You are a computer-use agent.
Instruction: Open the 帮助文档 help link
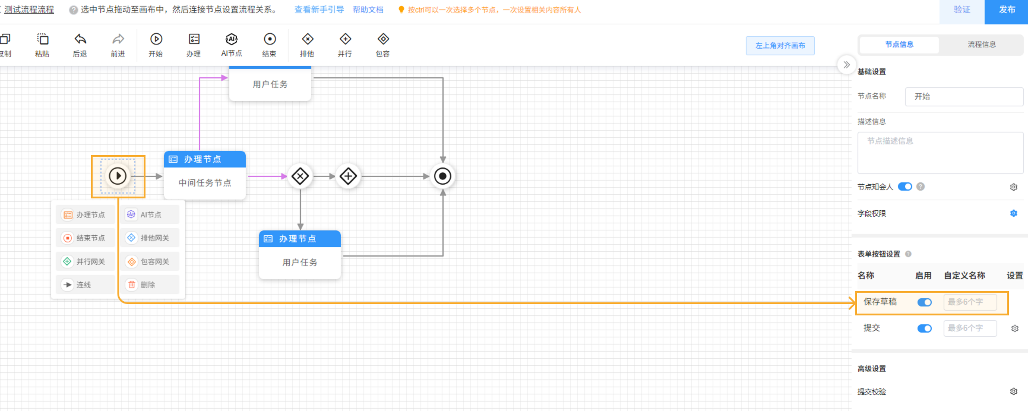pos(368,10)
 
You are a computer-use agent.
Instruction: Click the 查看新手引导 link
pos(319,10)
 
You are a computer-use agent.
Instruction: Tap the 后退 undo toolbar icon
pos(80,39)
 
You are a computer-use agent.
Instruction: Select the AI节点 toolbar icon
pos(232,39)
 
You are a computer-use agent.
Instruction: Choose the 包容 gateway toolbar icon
pos(383,39)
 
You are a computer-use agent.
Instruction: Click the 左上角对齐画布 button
pos(780,46)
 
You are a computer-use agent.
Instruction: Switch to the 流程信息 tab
pos(982,45)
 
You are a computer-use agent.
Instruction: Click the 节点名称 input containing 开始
pos(964,97)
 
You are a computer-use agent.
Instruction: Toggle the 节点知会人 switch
pos(905,186)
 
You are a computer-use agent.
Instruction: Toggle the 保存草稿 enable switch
pos(925,302)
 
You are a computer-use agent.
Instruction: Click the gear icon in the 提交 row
pos(1015,328)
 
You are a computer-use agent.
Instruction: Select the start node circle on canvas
pos(118,176)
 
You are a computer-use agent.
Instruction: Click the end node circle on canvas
pos(442,176)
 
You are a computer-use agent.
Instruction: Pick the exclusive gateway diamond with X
pos(301,176)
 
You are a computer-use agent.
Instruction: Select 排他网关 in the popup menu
pos(152,238)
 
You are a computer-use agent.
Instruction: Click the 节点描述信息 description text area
pos(940,153)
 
